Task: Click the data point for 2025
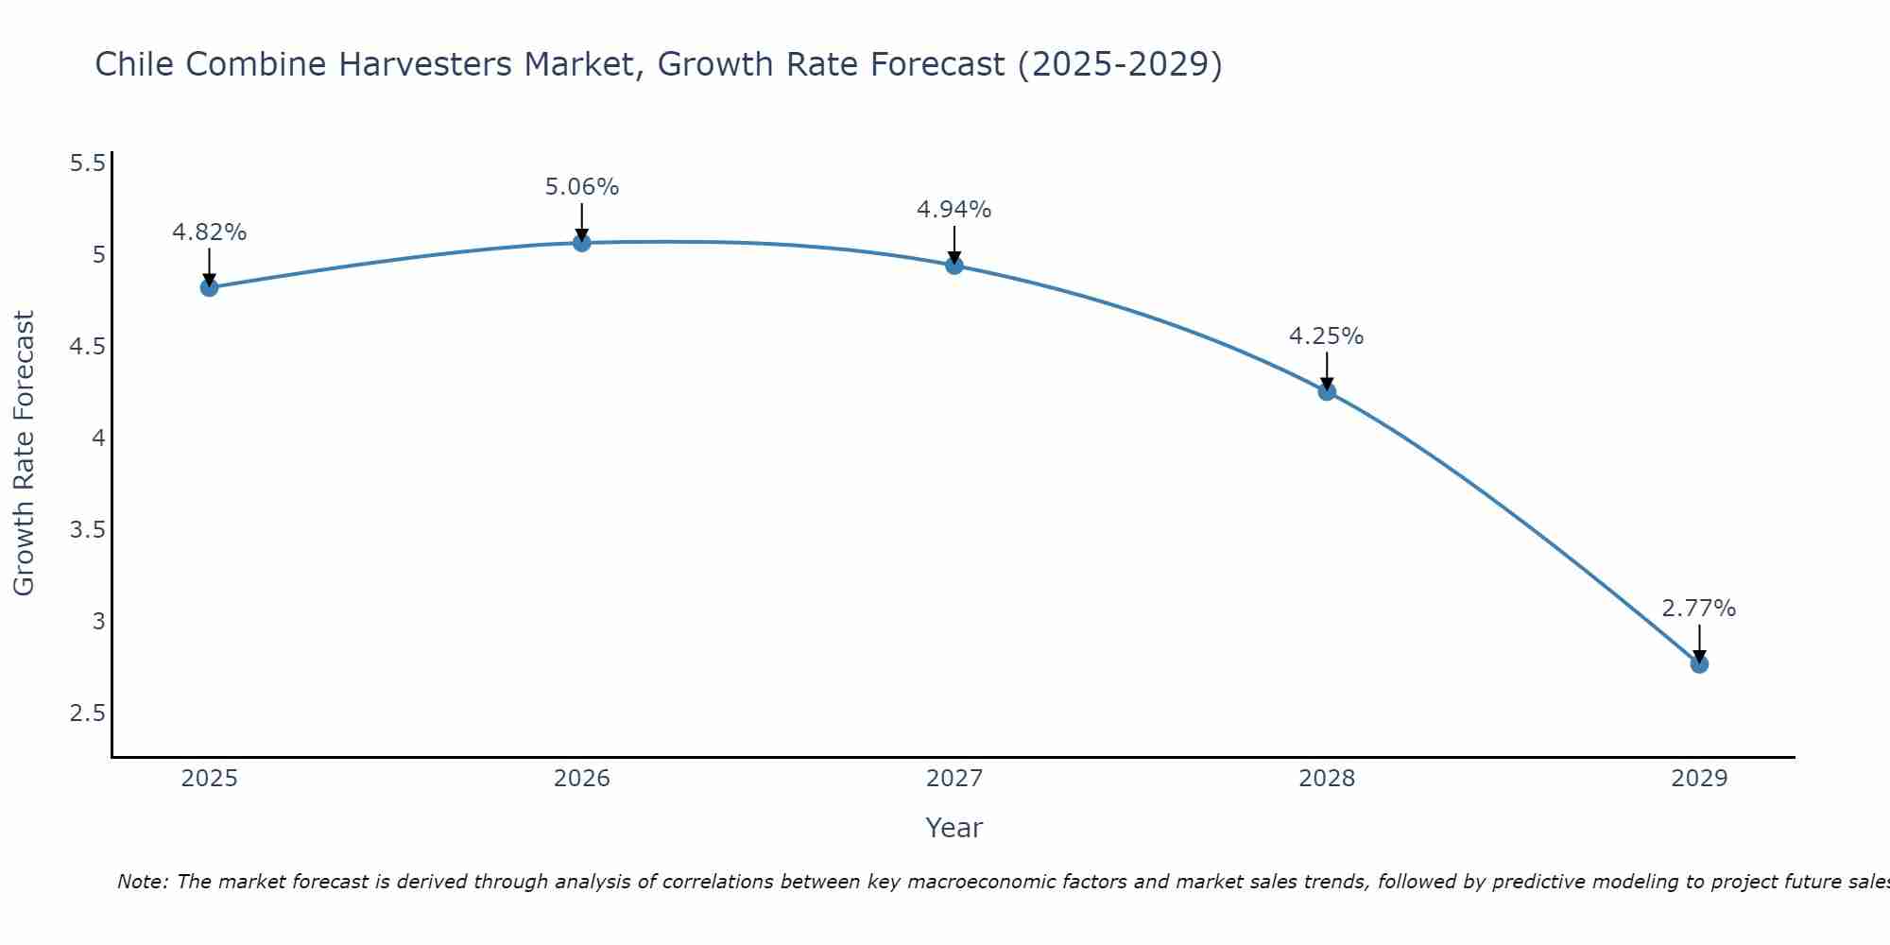209,287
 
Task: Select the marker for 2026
581,243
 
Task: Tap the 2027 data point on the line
954,266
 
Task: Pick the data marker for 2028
1327,391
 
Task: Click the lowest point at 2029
1699,664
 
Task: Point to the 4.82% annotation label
209,232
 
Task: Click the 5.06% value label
581,187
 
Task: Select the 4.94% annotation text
954,210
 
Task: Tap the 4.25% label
1327,336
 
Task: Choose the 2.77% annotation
1699,609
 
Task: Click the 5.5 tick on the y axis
87,163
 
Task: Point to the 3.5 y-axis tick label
87,530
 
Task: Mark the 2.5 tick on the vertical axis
87,713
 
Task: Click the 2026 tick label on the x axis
581,779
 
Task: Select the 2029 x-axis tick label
1699,779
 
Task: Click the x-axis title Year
954,828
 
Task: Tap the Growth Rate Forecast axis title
24,454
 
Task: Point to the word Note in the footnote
142,882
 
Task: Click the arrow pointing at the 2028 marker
1327,370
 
